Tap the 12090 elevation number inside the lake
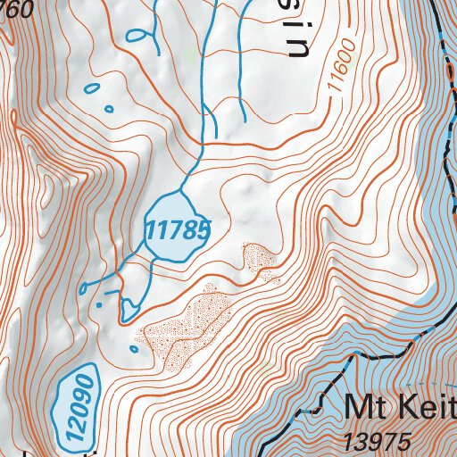coord(75,404)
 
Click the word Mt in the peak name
coord(365,410)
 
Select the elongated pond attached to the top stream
coord(137,37)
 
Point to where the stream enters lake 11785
coord(183,190)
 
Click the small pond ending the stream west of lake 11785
coord(83,288)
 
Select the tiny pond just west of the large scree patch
coord(135,349)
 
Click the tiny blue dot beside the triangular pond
coord(100,304)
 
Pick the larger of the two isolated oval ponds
coord(90,88)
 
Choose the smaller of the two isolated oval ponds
coord(109,109)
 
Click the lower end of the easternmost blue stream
coord(244,120)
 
